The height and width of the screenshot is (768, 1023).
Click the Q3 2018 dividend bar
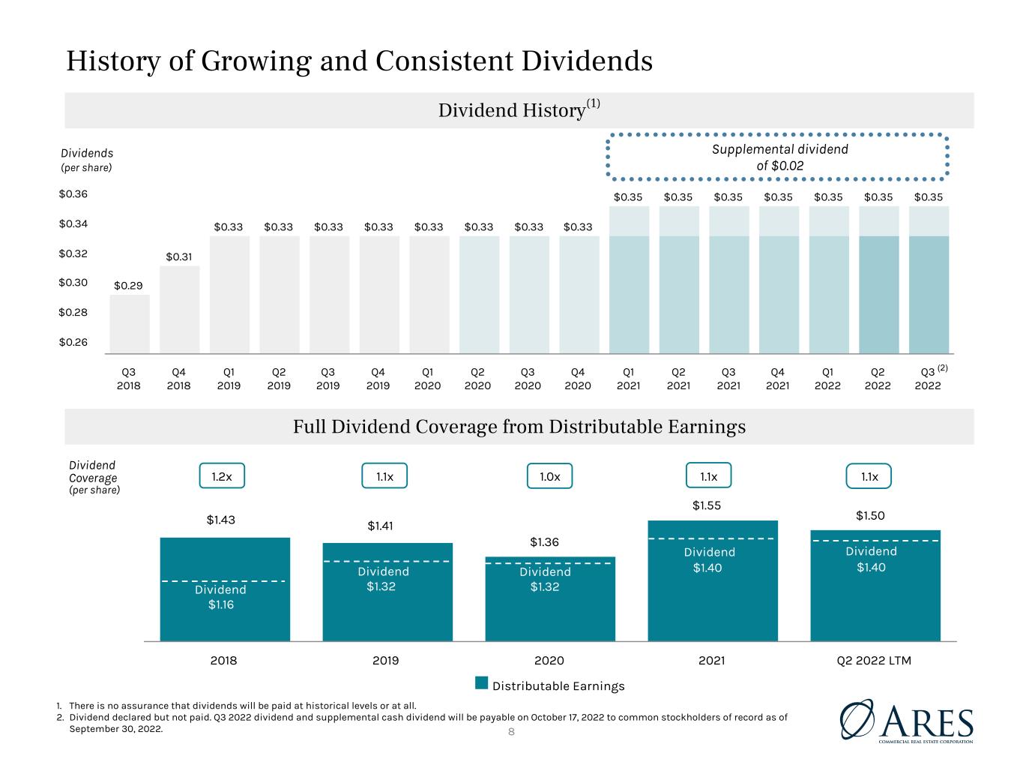point(130,323)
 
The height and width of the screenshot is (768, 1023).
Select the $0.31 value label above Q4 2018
point(179,256)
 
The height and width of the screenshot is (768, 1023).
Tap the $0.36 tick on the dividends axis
point(73,193)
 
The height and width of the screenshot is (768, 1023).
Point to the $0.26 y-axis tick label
point(73,342)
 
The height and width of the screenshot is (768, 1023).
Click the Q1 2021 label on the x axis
point(628,379)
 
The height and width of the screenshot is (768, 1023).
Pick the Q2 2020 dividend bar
point(479,295)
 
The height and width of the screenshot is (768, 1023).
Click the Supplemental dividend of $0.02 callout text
point(779,157)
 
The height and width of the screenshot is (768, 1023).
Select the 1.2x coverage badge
point(222,475)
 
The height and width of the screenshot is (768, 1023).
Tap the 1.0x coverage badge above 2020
point(549,476)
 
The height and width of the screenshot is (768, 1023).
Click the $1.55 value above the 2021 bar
point(707,505)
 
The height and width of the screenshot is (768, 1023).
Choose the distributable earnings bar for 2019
point(387,592)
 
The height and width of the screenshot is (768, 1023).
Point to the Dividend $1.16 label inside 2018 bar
point(220,597)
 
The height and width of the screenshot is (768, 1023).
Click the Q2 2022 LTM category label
point(874,660)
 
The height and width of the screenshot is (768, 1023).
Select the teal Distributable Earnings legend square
point(481,682)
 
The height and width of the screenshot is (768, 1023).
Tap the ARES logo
point(907,721)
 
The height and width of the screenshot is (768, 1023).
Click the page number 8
point(511,732)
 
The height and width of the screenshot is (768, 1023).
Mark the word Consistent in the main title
point(444,61)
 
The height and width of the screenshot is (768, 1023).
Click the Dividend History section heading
point(519,110)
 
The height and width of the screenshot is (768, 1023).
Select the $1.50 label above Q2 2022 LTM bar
point(870,515)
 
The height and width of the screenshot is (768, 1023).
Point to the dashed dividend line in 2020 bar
point(550,563)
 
